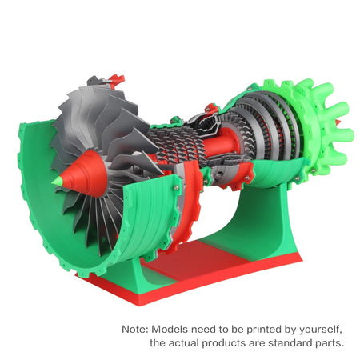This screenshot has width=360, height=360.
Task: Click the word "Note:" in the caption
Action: [x=134, y=329]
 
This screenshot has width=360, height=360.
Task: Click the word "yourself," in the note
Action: [x=319, y=329]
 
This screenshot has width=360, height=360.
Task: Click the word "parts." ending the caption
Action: [x=329, y=343]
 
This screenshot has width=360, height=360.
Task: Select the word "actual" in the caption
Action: [x=186, y=343]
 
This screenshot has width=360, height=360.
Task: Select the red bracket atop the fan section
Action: [x=115, y=79]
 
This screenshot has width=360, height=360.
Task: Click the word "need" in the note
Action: [x=210, y=329]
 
